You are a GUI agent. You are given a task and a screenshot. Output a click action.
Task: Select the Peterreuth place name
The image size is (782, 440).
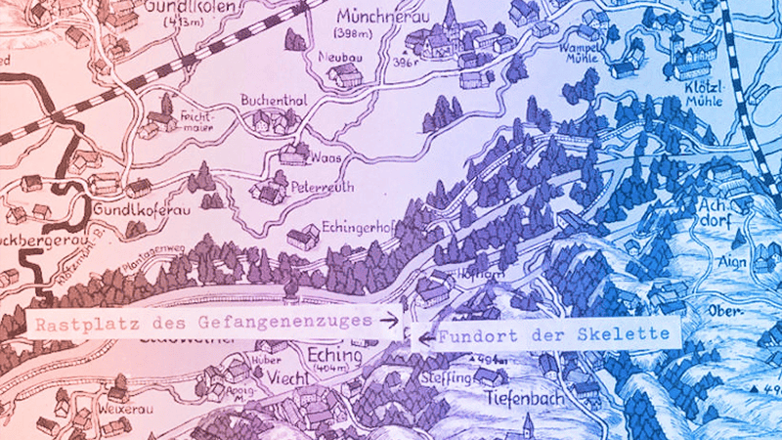pos(321,187)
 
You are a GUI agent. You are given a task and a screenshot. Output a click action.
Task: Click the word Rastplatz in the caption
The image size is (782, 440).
pos(70,322)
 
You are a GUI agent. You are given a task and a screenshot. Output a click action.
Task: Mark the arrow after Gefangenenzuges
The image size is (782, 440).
pos(389,321)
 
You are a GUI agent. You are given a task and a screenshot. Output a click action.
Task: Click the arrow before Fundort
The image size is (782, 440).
pos(421,338)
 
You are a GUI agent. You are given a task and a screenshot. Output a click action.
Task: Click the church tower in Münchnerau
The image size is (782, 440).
pos(451,20)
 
